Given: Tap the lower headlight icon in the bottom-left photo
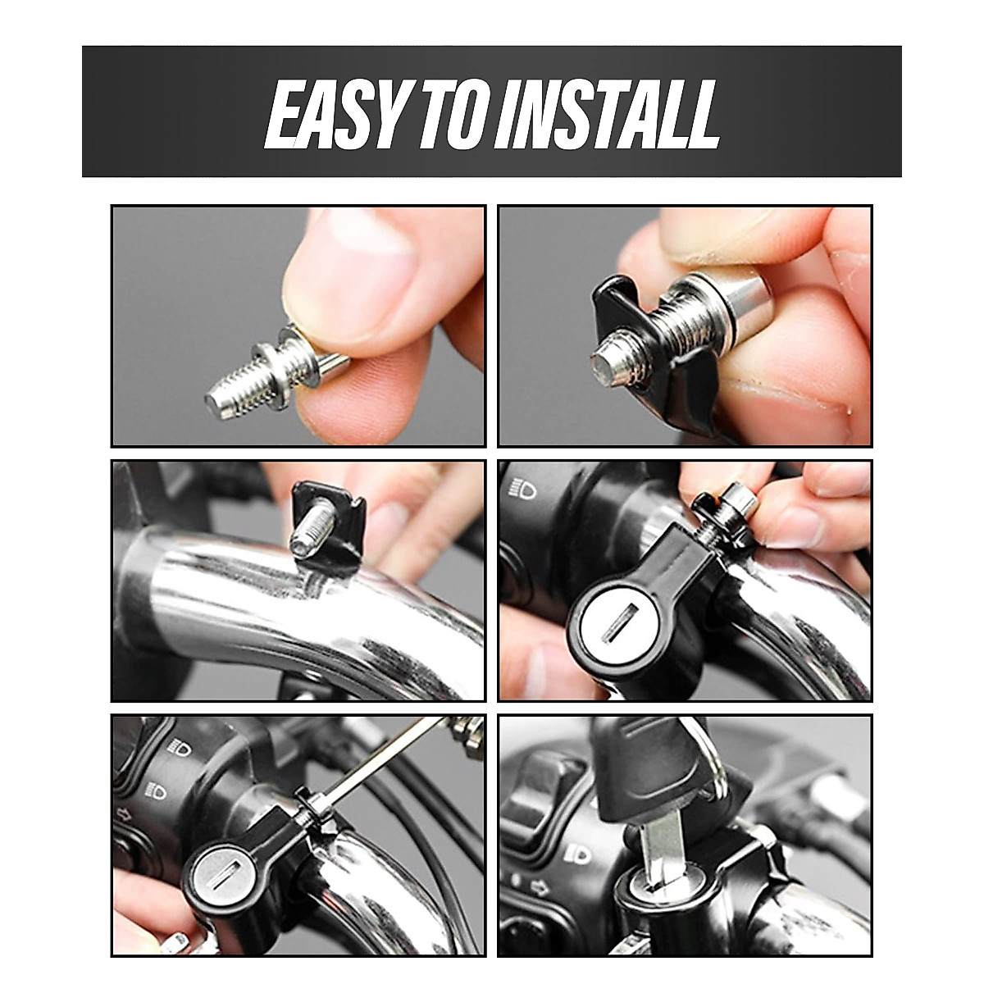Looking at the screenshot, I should [155, 790].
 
